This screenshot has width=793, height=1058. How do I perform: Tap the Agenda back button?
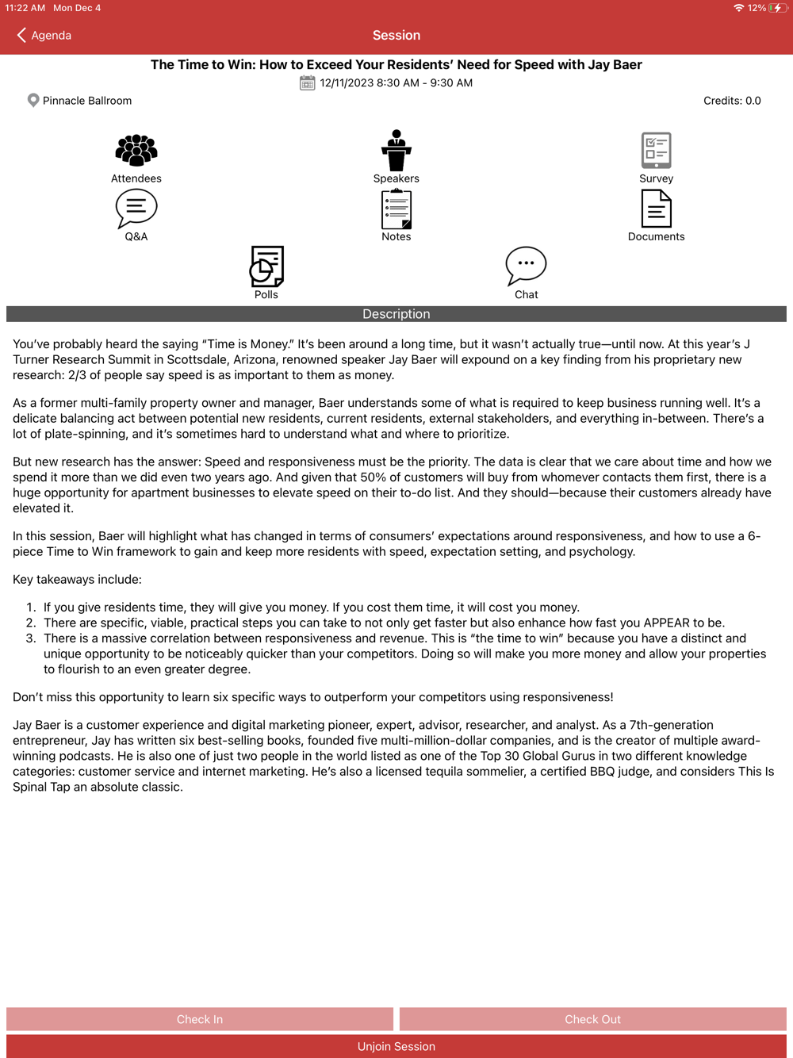pos(44,35)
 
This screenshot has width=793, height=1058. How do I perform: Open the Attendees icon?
pos(136,150)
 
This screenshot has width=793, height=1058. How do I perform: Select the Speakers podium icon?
pos(396,150)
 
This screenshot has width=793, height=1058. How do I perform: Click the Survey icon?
pos(656,150)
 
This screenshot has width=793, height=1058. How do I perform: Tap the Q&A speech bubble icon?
pos(136,209)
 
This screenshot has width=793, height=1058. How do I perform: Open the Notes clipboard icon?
pos(396,209)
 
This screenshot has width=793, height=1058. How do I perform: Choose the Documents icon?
pos(656,209)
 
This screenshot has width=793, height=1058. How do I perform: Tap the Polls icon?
pos(266,266)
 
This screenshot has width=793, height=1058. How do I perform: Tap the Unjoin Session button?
pos(396,1046)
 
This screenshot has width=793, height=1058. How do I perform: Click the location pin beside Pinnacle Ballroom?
pos(33,101)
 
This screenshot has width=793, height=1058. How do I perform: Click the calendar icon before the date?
pos(308,82)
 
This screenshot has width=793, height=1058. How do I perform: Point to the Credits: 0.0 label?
pos(732,101)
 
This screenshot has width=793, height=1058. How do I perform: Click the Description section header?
pos(396,314)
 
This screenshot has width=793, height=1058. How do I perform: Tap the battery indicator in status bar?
pos(777,8)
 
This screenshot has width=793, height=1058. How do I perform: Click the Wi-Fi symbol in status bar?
pos(738,8)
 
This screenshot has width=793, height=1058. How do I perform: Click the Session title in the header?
pos(396,35)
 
